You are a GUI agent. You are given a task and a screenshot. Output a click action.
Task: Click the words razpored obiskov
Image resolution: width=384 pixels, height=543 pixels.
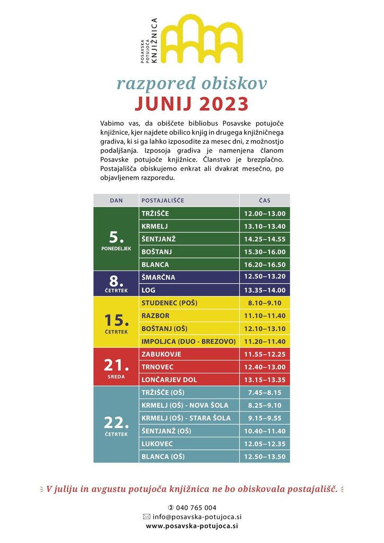pos(191,83)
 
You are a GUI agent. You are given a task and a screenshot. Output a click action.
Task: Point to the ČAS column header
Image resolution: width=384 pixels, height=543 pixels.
pos(265,200)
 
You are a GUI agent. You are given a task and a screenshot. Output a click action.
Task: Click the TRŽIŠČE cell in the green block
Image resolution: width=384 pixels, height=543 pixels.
pos(155,214)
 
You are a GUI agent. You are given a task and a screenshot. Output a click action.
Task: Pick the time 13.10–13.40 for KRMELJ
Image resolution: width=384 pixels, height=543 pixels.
pos(265,226)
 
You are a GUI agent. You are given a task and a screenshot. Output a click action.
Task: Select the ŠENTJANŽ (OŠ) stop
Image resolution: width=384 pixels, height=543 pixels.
pos(166,431)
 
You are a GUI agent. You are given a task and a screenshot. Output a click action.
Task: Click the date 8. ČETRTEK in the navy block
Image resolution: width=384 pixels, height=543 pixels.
pos(116,284)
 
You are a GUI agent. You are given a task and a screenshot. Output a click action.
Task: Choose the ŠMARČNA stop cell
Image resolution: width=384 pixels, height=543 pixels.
pos(158,277)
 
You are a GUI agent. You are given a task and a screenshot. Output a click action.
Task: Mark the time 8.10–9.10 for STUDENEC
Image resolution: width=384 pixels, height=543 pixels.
pos(265,303)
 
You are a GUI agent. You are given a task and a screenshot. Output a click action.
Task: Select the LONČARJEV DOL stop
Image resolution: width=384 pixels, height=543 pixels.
pos(169,380)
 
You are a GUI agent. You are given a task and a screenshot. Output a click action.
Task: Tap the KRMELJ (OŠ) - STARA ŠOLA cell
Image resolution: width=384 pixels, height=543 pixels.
pos(186,418)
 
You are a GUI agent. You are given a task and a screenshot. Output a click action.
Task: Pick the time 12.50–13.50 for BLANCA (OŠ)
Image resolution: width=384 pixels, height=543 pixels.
pos(265,457)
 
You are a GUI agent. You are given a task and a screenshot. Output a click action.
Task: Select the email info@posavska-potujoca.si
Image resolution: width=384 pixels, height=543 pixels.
pos(191,516)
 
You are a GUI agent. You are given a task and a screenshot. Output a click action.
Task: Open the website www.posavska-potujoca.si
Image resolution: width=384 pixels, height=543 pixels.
pos(191,526)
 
